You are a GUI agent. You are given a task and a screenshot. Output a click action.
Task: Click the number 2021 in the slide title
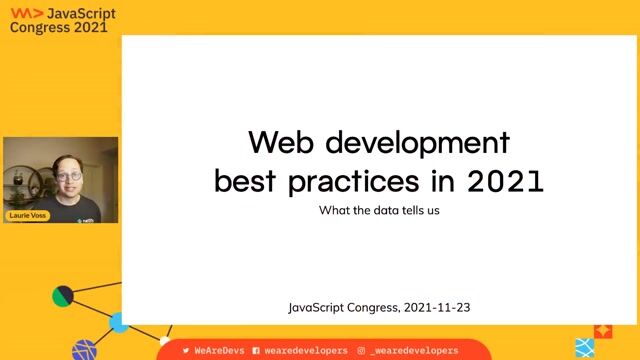coord(505,182)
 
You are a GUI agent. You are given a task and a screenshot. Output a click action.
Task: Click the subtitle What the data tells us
coord(379,211)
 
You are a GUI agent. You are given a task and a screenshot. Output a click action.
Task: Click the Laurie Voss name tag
coord(28,215)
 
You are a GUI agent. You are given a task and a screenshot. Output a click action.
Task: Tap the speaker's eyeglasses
coord(69,176)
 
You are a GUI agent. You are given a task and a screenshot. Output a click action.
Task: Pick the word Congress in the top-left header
coord(41,28)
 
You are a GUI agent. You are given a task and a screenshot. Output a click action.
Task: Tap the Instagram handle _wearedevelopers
coord(413,351)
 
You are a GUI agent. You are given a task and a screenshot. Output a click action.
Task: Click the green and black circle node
coord(63,296)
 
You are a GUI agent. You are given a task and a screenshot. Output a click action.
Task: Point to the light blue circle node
coord(119,322)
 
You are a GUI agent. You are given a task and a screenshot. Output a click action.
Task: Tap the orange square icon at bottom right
coord(603,329)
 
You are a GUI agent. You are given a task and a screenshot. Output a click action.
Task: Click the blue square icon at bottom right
coord(585,348)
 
